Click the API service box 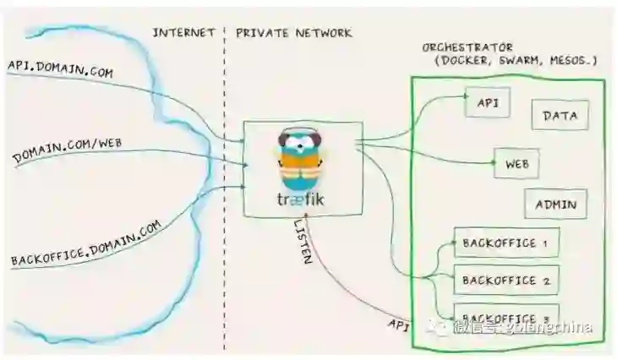tap(487, 103)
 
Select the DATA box tap(559, 115)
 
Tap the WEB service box tap(516, 162)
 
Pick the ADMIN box tap(554, 205)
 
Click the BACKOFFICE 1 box tap(505, 243)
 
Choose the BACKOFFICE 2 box tap(505, 279)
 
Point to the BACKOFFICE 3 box tap(505, 313)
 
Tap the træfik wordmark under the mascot tap(302, 199)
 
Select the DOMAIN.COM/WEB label tap(68, 150)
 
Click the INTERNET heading tap(183, 32)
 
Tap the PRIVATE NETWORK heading tap(293, 32)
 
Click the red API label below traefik tap(399, 325)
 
